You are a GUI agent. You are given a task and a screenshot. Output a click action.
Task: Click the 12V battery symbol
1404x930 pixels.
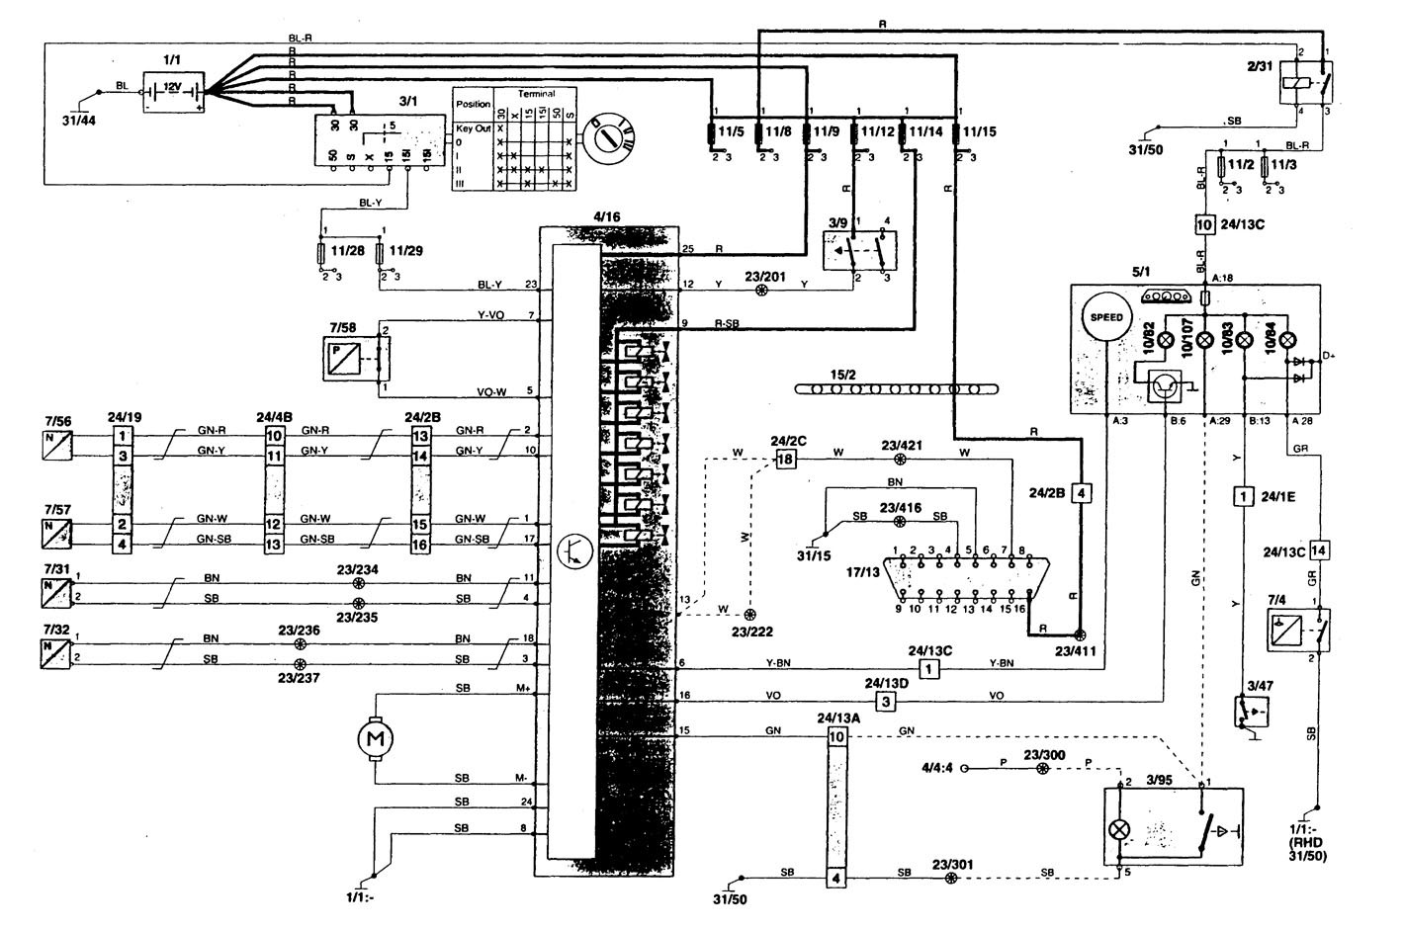[174, 90]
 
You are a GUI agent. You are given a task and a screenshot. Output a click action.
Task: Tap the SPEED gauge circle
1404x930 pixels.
[1106, 317]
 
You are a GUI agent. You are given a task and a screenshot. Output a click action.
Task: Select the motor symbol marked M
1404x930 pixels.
[375, 737]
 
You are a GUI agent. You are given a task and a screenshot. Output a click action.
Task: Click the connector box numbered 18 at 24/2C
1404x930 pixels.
[785, 460]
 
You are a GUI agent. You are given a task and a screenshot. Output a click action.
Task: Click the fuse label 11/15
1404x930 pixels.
[979, 129]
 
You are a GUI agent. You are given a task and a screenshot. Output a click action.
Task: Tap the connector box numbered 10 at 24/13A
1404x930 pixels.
[836, 737]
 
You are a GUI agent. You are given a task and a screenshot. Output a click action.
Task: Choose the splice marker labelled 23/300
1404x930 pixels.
[1041, 768]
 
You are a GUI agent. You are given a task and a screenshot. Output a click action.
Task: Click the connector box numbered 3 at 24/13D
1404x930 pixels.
[887, 702]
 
